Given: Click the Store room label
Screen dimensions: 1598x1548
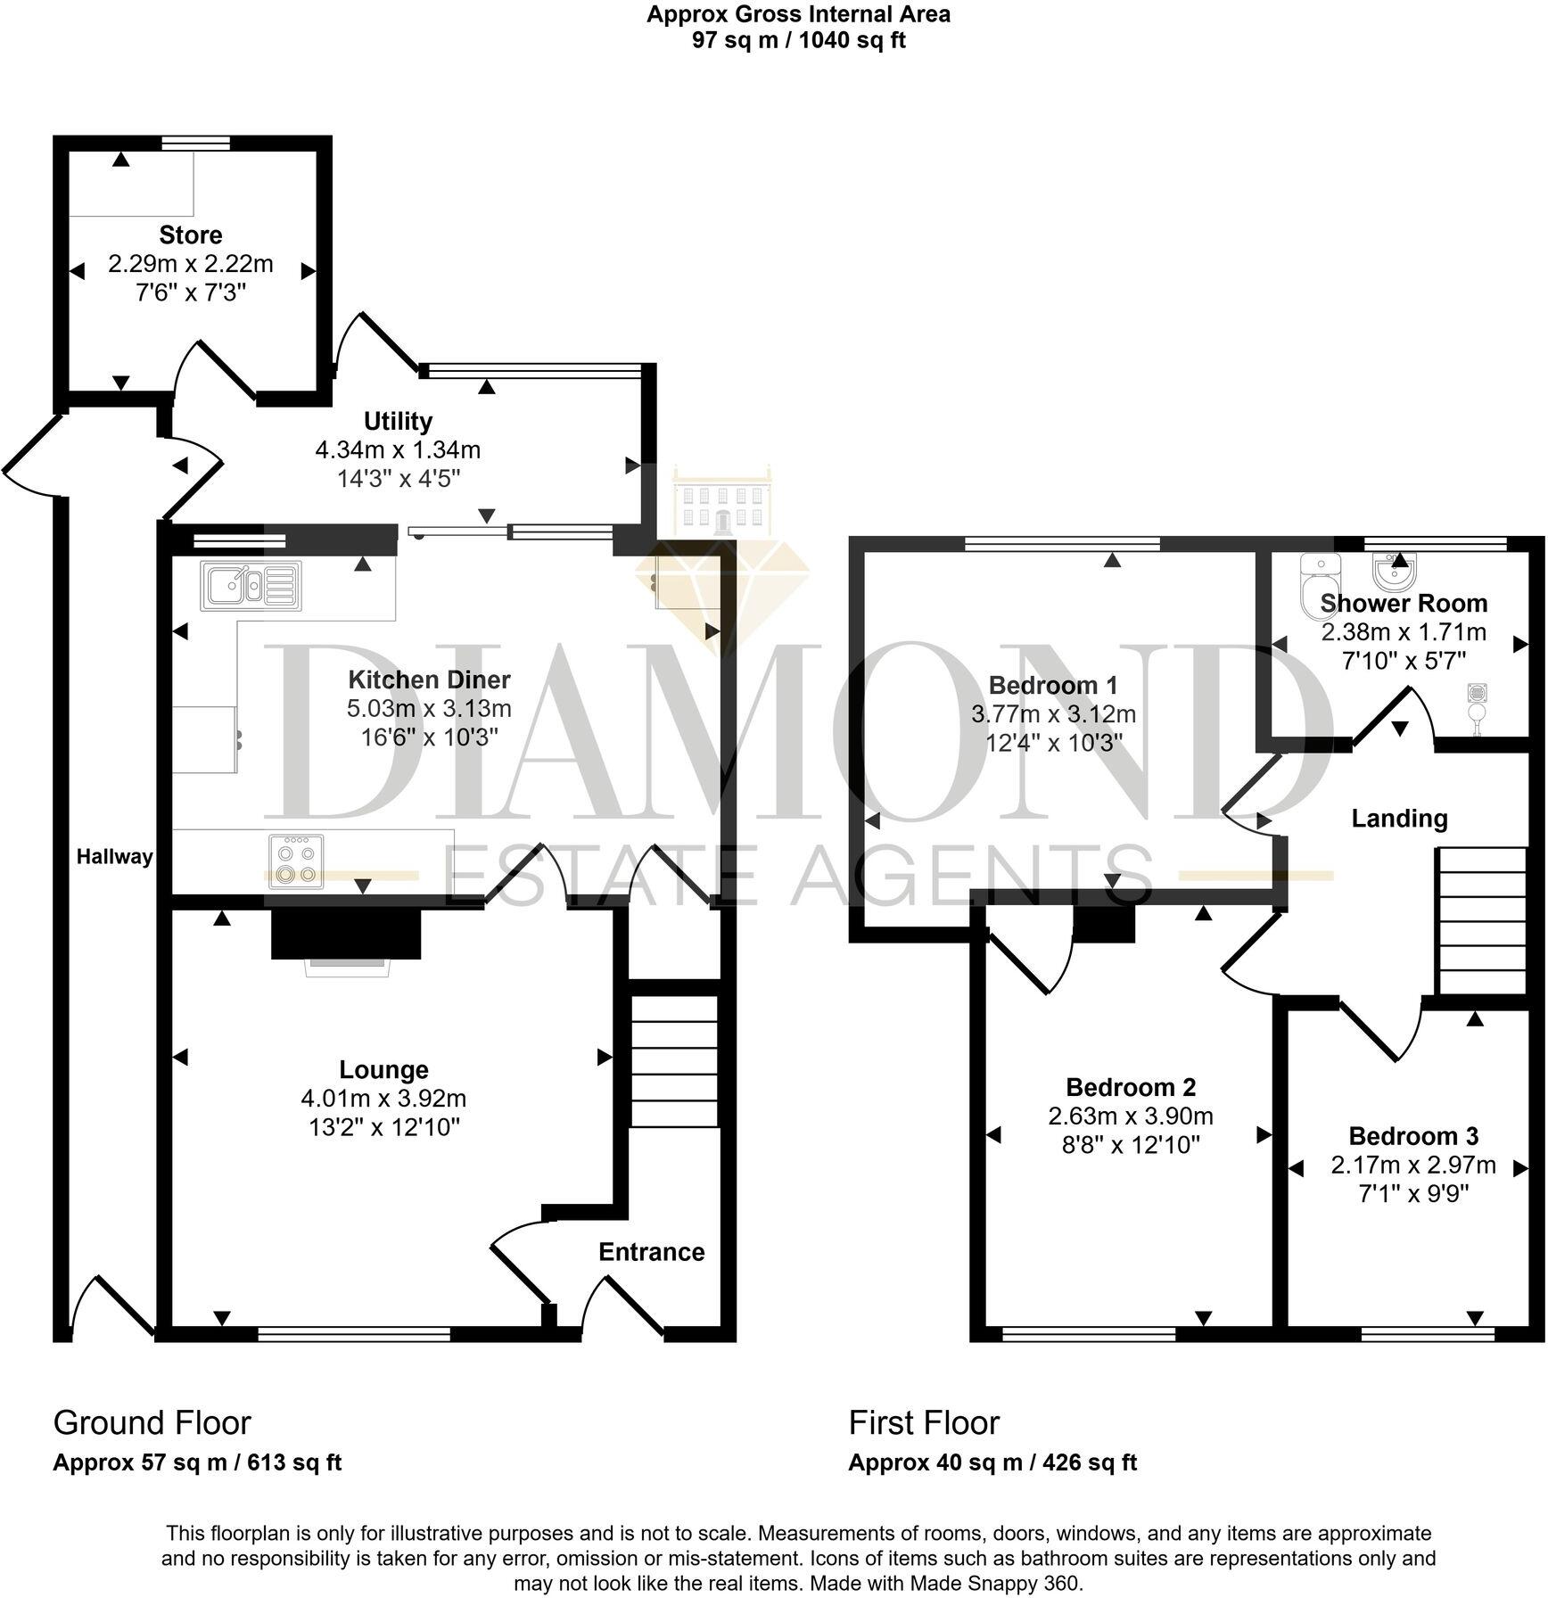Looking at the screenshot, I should (x=190, y=235).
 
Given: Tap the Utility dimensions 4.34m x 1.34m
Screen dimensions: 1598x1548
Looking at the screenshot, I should (x=398, y=450).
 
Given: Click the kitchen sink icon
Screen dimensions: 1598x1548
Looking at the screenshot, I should (x=251, y=586).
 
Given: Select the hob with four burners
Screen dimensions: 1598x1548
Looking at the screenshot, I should (x=295, y=861).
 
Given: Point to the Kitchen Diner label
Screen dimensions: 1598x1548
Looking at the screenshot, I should (x=429, y=680).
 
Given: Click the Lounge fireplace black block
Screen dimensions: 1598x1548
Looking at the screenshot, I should (x=346, y=934).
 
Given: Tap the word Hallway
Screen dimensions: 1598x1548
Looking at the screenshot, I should (x=114, y=857).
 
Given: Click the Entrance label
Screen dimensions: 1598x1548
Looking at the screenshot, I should (x=651, y=1252).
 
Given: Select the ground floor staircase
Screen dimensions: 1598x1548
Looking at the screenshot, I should (x=675, y=1061).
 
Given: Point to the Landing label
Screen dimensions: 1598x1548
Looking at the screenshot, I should (x=1398, y=818).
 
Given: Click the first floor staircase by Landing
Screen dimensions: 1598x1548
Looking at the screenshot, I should (x=1481, y=920).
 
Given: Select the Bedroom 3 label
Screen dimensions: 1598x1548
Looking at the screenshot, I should (x=1412, y=1136).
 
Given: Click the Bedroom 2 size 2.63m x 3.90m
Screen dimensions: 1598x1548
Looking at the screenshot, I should (x=1130, y=1116).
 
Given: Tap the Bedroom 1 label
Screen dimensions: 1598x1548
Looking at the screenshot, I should (x=1052, y=685).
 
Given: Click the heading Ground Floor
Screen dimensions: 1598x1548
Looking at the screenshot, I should (x=152, y=1422).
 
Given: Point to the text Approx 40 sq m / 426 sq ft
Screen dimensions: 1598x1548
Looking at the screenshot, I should (x=992, y=1462).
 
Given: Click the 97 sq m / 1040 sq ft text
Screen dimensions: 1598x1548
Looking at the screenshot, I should (x=798, y=40).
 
